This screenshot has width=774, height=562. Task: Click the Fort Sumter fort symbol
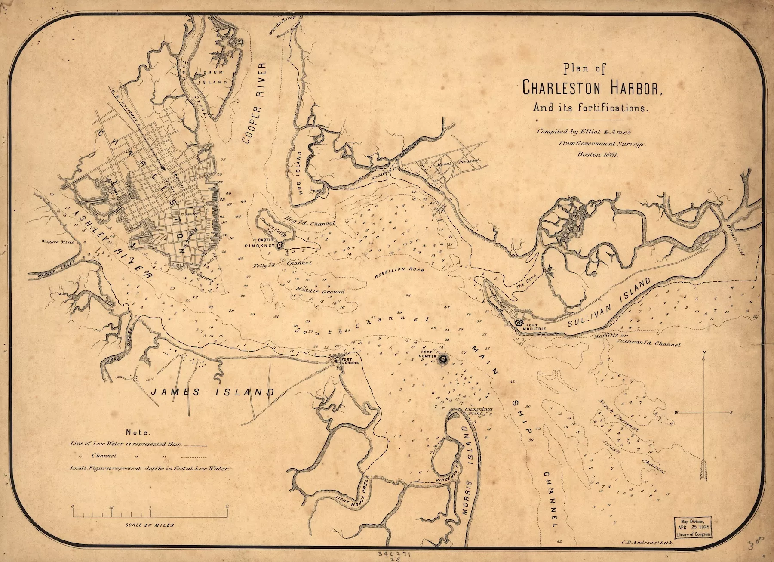[443, 358]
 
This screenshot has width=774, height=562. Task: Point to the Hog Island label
[300, 173]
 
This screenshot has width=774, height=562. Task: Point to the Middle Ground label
[320, 291]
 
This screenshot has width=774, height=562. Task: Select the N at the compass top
[703, 352]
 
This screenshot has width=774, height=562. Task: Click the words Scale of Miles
[150, 525]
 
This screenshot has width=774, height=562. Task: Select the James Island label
[212, 392]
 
